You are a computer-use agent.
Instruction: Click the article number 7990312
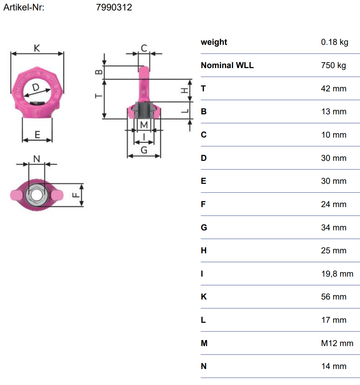coord(114,7)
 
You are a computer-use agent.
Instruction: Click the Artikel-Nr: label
coord(24,7)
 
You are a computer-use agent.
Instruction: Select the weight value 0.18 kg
coord(335,42)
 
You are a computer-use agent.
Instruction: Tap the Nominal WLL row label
coord(227,65)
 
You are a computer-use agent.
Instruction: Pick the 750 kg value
coord(334,66)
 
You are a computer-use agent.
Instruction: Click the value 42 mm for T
coord(334,89)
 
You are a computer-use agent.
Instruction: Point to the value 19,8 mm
coord(337,274)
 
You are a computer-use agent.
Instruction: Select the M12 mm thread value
coord(337,343)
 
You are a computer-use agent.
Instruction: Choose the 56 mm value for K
coord(334,297)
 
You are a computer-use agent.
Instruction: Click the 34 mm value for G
coord(334,228)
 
